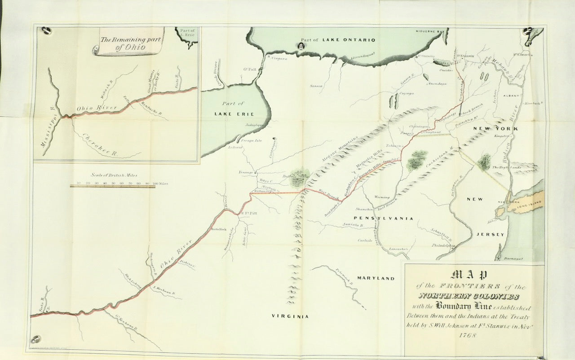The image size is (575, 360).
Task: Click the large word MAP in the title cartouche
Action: [x=474, y=274]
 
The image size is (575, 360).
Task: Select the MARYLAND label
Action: [x=376, y=278]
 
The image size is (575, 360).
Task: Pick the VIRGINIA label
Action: [x=290, y=316]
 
